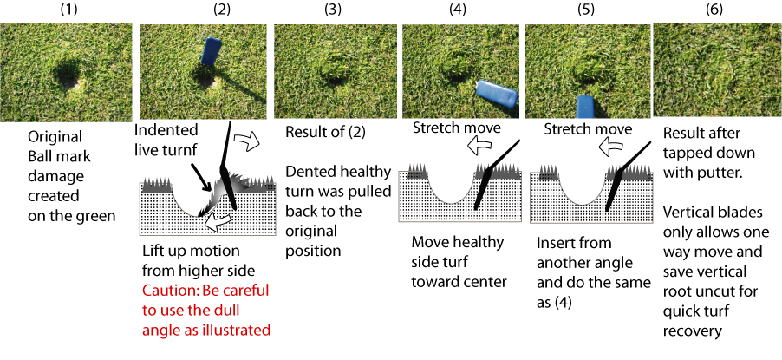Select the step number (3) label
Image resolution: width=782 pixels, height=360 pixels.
coord(333,10)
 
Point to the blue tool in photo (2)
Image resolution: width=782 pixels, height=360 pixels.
coord(208,52)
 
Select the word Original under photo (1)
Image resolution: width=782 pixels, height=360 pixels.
coord(55,137)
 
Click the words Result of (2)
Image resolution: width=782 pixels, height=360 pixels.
coord(325,131)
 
